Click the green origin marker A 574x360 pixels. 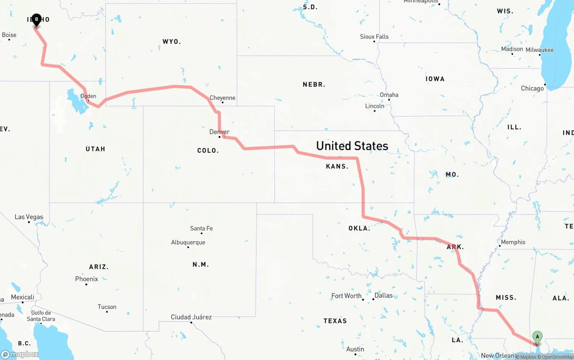pyautogui.click(x=537, y=337)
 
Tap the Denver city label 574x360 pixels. pyautogui.click(x=219, y=132)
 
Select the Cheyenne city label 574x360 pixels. pyautogui.click(x=222, y=98)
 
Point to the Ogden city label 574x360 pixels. pyautogui.click(x=88, y=96)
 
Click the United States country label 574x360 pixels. pyautogui.click(x=352, y=146)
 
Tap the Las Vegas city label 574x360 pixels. pyautogui.click(x=29, y=217)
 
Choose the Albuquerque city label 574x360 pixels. pyautogui.click(x=188, y=243)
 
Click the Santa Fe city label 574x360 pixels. pyautogui.click(x=201, y=229)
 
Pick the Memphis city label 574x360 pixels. pyautogui.click(x=513, y=242)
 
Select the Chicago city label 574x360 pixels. pyautogui.click(x=532, y=88)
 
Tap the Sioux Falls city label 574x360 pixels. pyautogui.click(x=374, y=37)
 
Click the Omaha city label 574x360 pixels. pyautogui.click(x=389, y=95)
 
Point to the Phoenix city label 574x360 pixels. pyautogui.click(x=87, y=279)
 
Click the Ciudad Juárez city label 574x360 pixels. pyautogui.click(x=191, y=317)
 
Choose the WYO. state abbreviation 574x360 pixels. pyautogui.click(x=171, y=42)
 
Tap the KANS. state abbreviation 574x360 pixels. pyautogui.click(x=337, y=166)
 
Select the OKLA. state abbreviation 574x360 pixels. pyautogui.click(x=359, y=228)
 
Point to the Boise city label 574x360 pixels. pyautogui.click(x=9, y=35)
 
